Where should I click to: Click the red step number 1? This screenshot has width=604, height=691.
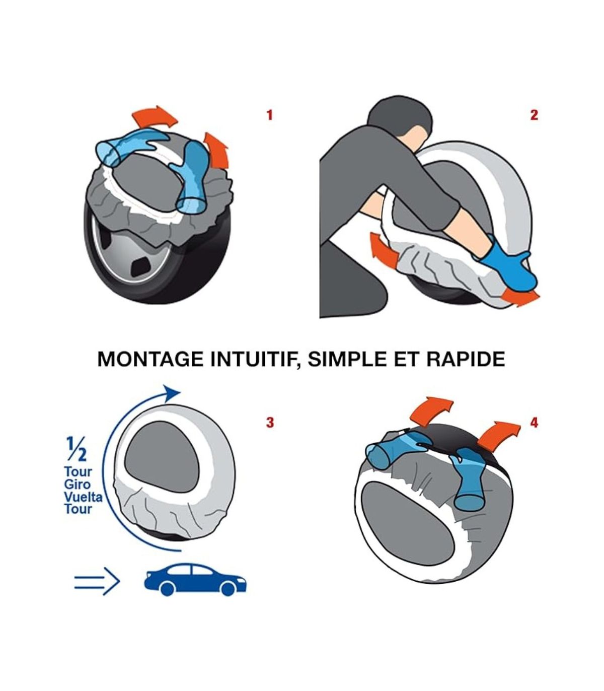pos(269,115)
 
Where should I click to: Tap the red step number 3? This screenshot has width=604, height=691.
pos(270,423)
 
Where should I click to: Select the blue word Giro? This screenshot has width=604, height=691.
pos(78,485)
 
